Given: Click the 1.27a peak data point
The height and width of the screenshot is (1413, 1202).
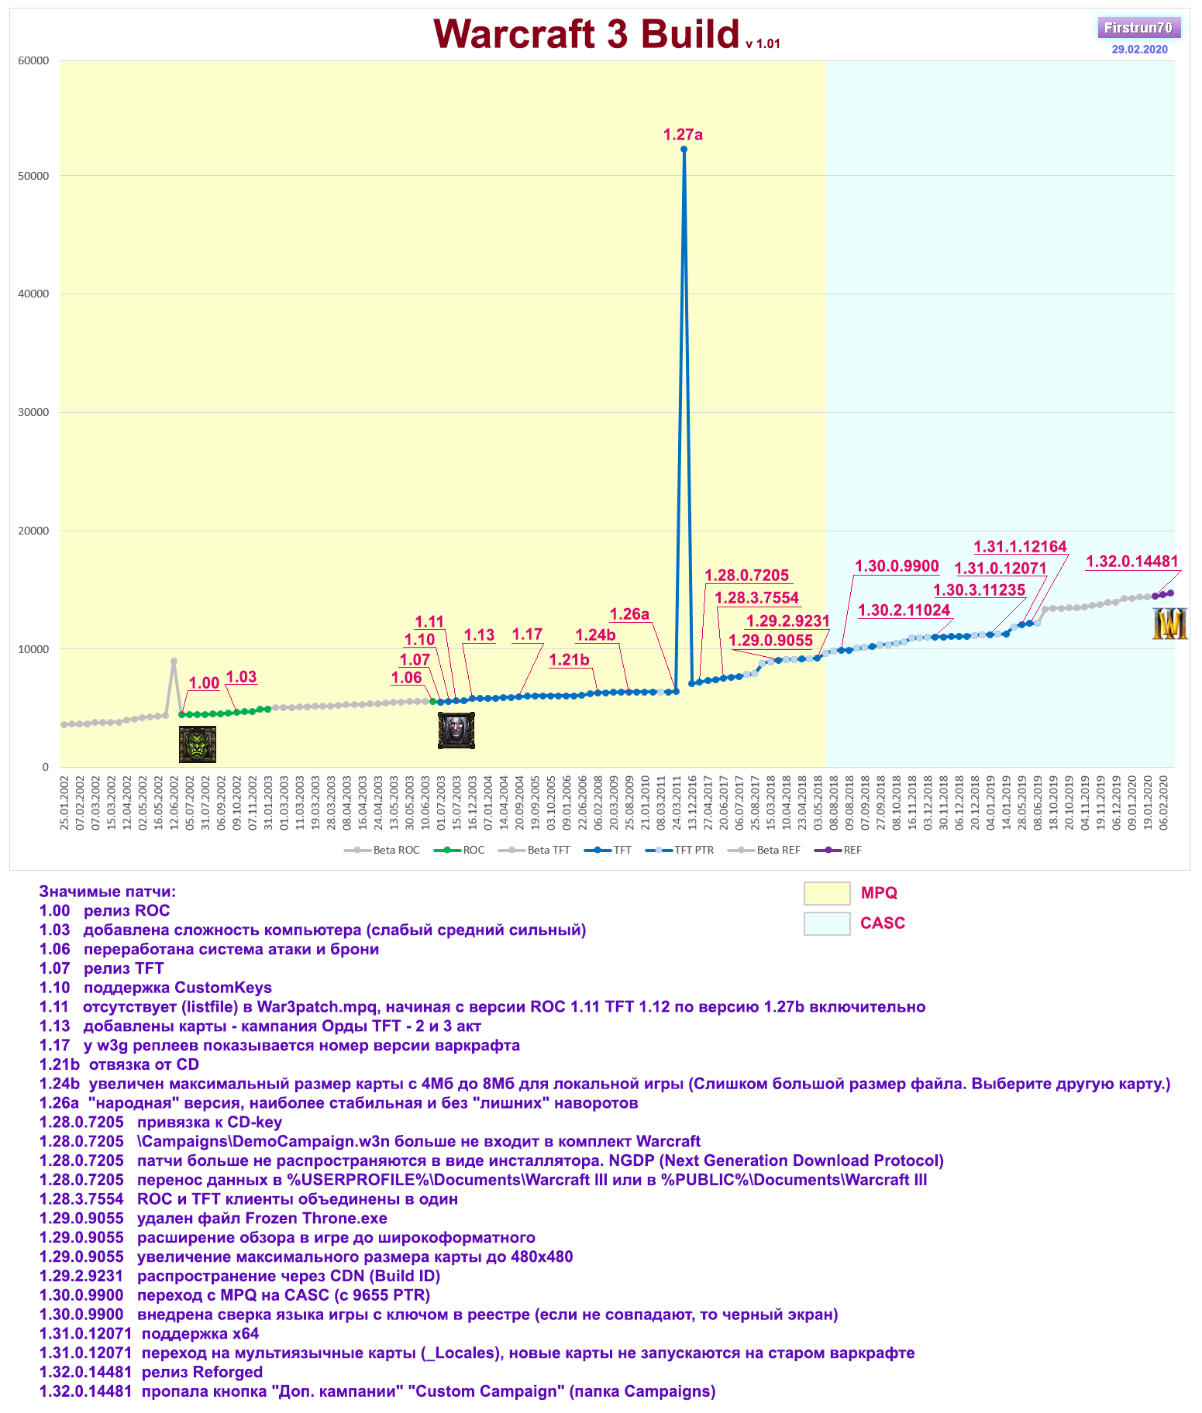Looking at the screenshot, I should point(684,150).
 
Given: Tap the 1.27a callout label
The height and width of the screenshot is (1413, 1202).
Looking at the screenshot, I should point(683,135).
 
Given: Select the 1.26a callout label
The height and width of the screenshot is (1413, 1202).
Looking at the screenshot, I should point(629,614).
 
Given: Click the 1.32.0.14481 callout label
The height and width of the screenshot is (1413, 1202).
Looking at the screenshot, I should point(1131,562).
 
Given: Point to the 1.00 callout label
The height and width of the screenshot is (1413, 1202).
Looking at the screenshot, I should point(205,683).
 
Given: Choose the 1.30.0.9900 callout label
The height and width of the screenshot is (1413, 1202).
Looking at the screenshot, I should point(897,566).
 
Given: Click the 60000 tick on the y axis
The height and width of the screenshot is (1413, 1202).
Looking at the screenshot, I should point(34,60).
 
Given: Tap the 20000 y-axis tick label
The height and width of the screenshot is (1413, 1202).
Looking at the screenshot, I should point(34,531).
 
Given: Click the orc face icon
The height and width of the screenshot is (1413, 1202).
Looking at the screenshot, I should point(198,744).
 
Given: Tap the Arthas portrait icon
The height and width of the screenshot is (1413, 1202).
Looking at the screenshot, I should point(456,731).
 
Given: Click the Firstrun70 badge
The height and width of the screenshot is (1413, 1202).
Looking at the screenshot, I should point(1138,28).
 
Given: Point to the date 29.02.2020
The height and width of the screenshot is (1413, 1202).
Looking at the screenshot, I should point(1139,50).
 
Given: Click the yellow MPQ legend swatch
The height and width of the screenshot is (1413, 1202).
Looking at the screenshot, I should point(827,893).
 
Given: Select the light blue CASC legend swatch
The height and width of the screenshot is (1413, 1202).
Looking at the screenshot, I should point(827,923).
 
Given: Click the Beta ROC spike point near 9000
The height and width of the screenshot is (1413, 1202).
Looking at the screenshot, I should point(174,662).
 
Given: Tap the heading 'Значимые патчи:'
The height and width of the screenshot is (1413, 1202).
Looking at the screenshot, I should point(108,892).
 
